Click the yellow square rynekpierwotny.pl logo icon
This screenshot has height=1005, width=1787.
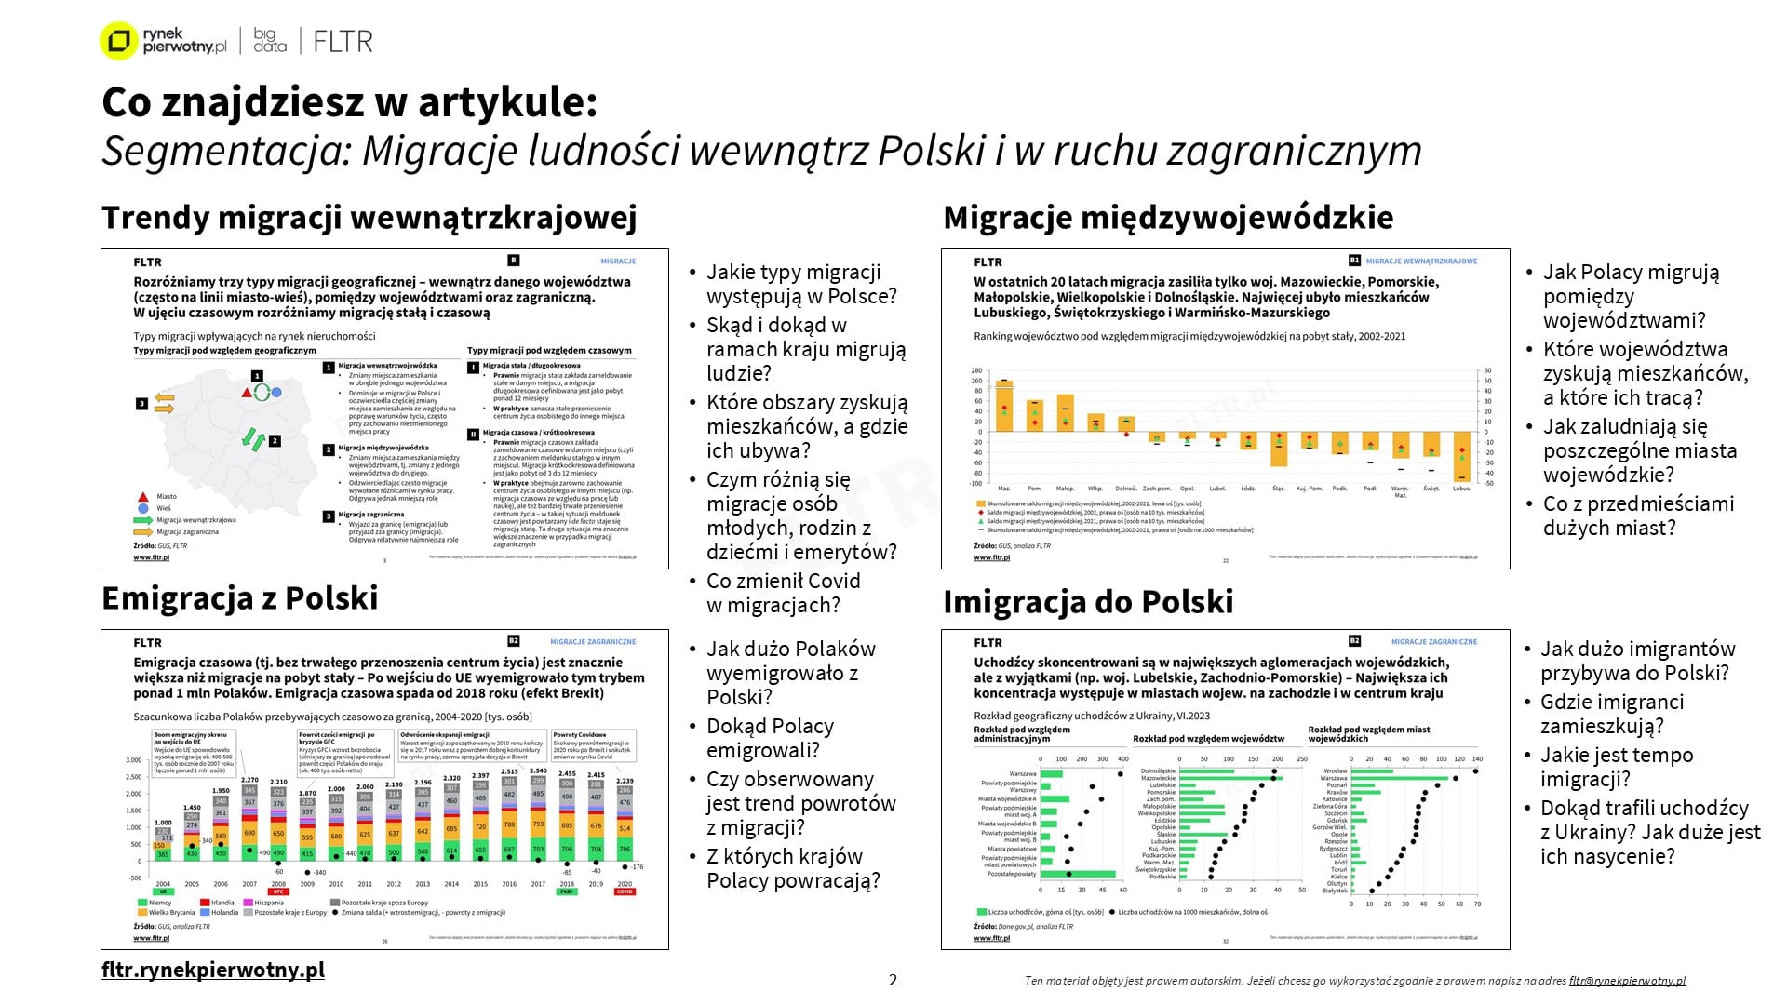118,41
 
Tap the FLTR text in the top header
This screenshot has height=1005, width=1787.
343,41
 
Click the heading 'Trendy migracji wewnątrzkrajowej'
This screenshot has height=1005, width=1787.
369,218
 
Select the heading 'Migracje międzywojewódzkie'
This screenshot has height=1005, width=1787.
1168,218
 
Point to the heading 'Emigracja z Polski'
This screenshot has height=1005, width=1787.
240,598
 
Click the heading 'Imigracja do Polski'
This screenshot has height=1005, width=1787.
1088,602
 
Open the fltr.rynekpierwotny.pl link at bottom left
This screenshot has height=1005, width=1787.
213,970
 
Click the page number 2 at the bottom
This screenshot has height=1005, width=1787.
893,980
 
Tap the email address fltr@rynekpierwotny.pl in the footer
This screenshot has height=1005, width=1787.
1627,981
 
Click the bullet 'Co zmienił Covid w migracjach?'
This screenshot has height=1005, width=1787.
783,593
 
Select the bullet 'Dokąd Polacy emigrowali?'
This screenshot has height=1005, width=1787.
770,738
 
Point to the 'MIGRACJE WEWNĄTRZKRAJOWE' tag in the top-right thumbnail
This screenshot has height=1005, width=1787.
1421,261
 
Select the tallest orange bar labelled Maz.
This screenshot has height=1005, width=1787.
1004,406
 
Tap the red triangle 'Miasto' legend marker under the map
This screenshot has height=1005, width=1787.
142,497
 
